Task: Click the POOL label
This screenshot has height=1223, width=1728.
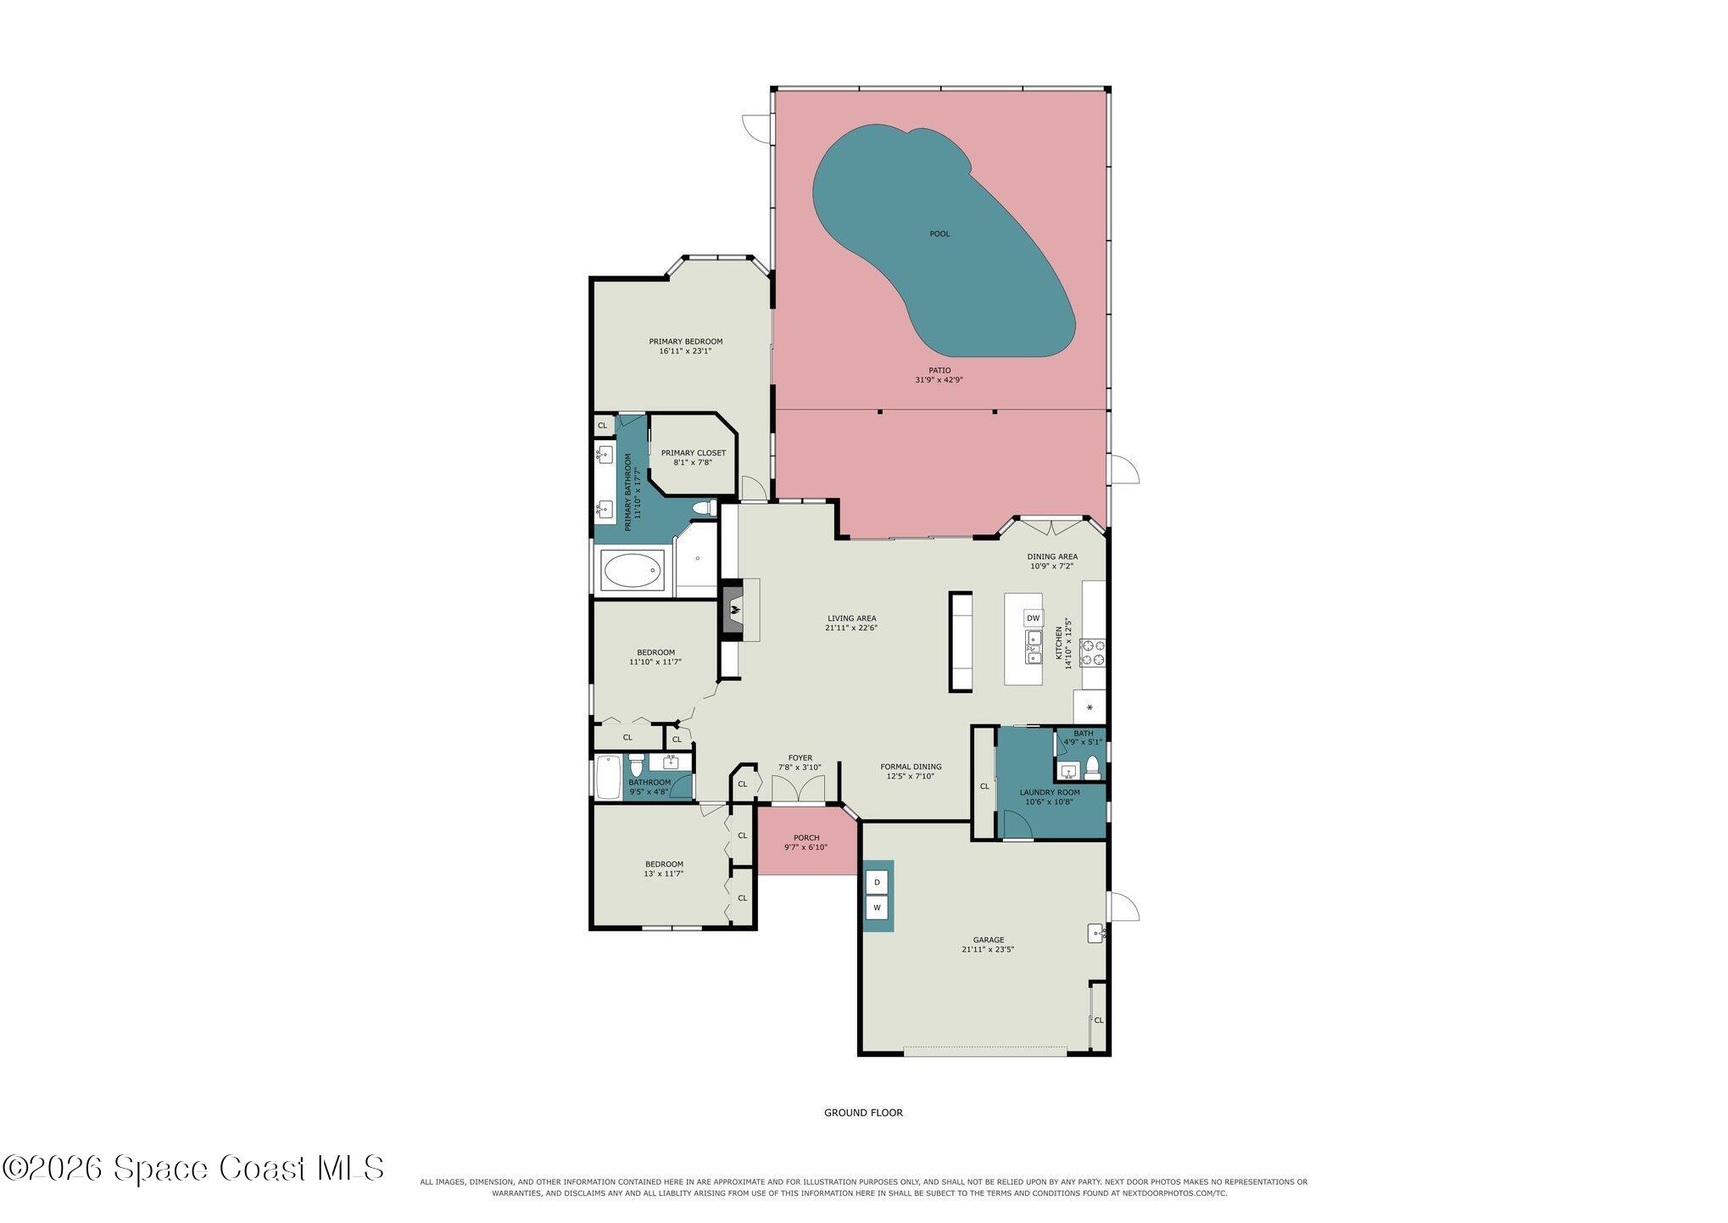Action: pyautogui.click(x=939, y=233)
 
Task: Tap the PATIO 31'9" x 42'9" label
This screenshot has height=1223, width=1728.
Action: pyautogui.click(x=939, y=375)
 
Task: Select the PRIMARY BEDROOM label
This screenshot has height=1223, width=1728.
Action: pyautogui.click(x=685, y=342)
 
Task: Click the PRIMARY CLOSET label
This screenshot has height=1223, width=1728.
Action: pyautogui.click(x=694, y=453)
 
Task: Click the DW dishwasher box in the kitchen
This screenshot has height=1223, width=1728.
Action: pyautogui.click(x=1033, y=618)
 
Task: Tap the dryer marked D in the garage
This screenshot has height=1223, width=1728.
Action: pyautogui.click(x=878, y=882)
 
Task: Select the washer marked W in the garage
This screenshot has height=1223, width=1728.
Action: pyautogui.click(x=878, y=908)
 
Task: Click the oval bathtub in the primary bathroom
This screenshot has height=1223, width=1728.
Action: pyautogui.click(x=633, y=571)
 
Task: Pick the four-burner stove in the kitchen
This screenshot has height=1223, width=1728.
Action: pyautogui.click(x=1093, y=651)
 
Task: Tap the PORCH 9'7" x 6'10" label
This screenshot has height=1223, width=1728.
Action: pyautogui.click(x=805, y=842)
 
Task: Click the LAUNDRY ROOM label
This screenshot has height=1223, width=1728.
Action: pyautogui.click(x=1050, y=792)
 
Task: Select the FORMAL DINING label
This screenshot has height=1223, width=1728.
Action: pyautogui.click(x=911, y=767)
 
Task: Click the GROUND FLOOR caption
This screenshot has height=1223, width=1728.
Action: pyautogui.click(x=863, y=1113)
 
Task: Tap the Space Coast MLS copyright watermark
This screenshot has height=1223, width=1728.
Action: pyautogui.click(x=193, y=1169)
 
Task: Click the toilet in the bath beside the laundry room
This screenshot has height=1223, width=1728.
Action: pyautogui.click(x=1092, y=768)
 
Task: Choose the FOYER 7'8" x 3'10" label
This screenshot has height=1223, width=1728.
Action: pyautogui.click(x=800, y=762)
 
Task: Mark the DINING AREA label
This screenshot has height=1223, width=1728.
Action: pyautogui.click(x=1051, y=557)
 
